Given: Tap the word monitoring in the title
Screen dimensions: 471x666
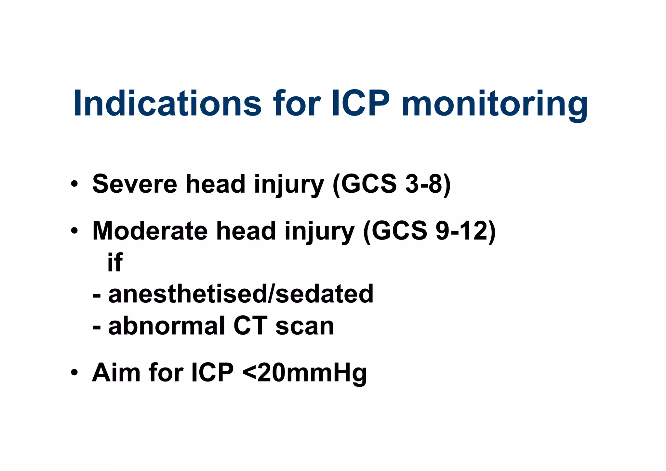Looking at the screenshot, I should tap(495, 103).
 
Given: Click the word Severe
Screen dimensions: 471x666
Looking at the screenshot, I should tap(135, 184).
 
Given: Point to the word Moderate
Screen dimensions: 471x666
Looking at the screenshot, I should tap(150, 231).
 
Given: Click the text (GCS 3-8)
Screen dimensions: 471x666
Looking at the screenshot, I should tap(392, 184).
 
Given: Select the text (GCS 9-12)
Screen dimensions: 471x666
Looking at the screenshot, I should tap(430, 231).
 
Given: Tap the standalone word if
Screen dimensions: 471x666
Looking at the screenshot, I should tap(115, 262).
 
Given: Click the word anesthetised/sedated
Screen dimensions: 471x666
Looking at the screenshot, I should tap(241, 294).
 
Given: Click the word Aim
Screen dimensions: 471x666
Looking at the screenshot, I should tap(116, 372).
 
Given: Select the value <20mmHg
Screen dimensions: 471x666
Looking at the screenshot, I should tap(305, 373).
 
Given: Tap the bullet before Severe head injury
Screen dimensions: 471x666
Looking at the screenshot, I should tap(74, 184).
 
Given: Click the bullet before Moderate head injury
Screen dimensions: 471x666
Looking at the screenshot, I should tap(74, 231).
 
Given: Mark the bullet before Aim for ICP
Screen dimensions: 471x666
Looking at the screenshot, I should tap(74, 372).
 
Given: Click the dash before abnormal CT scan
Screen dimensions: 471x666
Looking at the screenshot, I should tap(97, 326).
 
